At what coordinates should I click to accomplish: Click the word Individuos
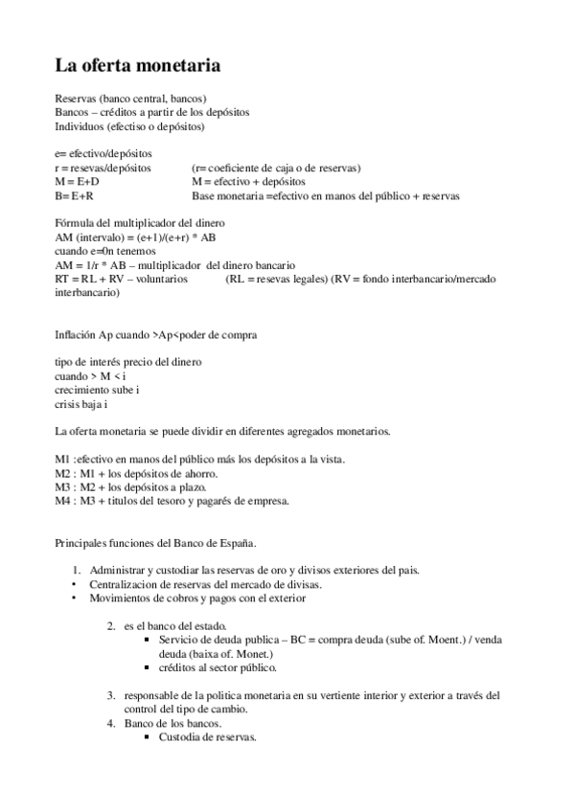point(80,125)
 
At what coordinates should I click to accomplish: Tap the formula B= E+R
point(75,195)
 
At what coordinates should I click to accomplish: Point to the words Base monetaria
point(227,195)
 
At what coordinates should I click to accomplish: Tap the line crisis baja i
point(81,404)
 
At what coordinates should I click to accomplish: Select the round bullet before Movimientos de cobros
point(76,598)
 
